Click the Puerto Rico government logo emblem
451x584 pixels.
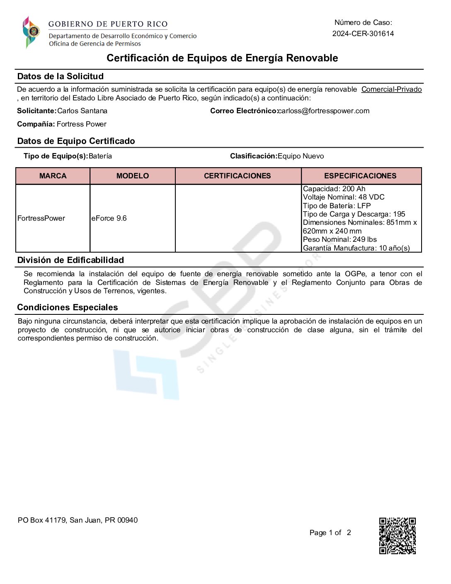pyautogui.click(x=31, y=32)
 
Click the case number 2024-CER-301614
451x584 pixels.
pyautogui.click(x=363, y=34)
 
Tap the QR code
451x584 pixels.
pyautogui.click(x=397, y=535)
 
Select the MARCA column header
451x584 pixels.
pyautogui.click(x=53, y=176)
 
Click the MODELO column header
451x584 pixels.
pyautogui.click(x=132, y=176)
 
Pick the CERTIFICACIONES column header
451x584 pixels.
pyautogui.click(x=237, y=176)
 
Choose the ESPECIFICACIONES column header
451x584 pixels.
pyautogui.click(x=360, y=176)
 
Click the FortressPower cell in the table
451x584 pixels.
pyautogui.click(x=41, y=218)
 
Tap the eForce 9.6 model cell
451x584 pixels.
pyautogui.click(x=109, y=218)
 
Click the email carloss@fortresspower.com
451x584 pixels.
pyautogui.click(x=324, y=111)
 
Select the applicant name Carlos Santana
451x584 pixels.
pyautogui.click(x=82, y=111)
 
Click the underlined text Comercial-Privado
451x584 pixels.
pyautogui.click(x=391, y=89)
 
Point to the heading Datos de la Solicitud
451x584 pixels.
pyautogui.click(x=61, y=76)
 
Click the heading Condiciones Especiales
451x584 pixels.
pyautogui.click(x=68, y=307)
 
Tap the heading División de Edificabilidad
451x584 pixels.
pyautogui.click(x=70, y=260)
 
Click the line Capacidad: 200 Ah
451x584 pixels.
pyautogui.click(x=334, y=189)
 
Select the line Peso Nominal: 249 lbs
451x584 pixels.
pyautogui.click(x=340, y=239)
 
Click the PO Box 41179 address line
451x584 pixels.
pyautogui.click(x=78, y=520)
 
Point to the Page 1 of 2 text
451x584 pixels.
pyautogui.click(x=330, y=533)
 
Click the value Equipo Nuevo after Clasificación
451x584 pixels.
pyautogui.click(x=301, y=156)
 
